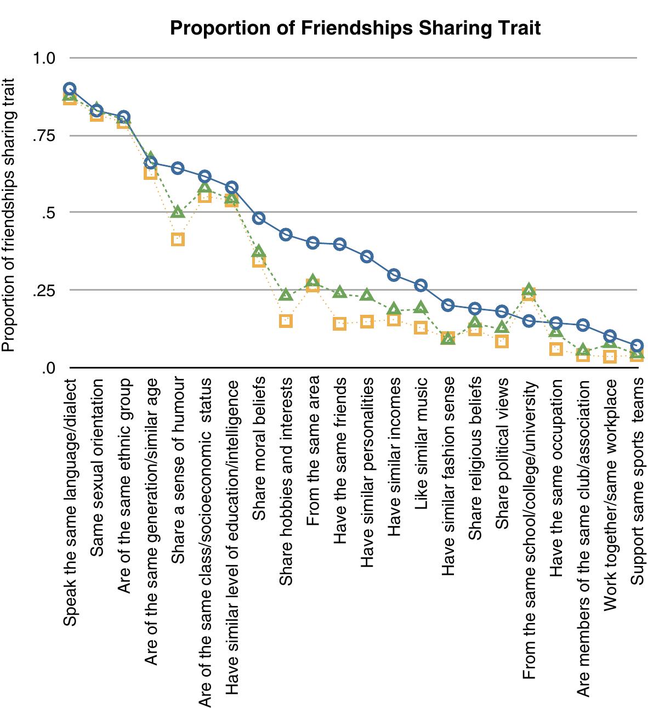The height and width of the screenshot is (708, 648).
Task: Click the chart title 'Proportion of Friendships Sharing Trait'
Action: (355, 27)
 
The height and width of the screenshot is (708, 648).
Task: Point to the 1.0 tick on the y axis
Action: (44, 58)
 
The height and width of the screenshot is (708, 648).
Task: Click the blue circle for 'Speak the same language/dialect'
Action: (70, 89)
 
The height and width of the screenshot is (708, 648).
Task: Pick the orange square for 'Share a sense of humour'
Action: (178, 239)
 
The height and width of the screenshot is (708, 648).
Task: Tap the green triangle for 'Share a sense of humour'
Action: (178, 212)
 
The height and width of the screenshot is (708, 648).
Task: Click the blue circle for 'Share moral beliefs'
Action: (259, 218)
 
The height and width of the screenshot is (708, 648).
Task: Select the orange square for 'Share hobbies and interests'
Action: (286, 321)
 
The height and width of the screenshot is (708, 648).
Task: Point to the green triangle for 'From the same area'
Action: (312, 282)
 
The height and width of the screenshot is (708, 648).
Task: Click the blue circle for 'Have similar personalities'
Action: (367, 256)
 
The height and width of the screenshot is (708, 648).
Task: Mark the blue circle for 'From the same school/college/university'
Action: (528, 321)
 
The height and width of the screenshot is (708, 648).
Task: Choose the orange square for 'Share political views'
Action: (502, 341)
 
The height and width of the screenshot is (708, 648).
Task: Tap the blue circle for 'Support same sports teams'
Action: (636, 345)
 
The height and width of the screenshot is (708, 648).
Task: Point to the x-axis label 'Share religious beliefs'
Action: (475, 458)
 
